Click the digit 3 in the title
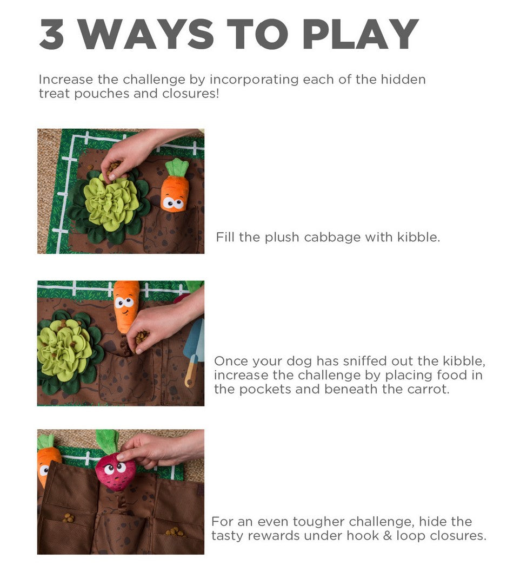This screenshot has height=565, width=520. tap(52, 34)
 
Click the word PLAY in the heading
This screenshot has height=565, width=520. tap(360, 34)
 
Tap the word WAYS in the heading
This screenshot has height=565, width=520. tap(146, 34)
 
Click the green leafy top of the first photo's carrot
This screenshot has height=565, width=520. tap(177, 168)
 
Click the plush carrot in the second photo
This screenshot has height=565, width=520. tap(126, 305)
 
